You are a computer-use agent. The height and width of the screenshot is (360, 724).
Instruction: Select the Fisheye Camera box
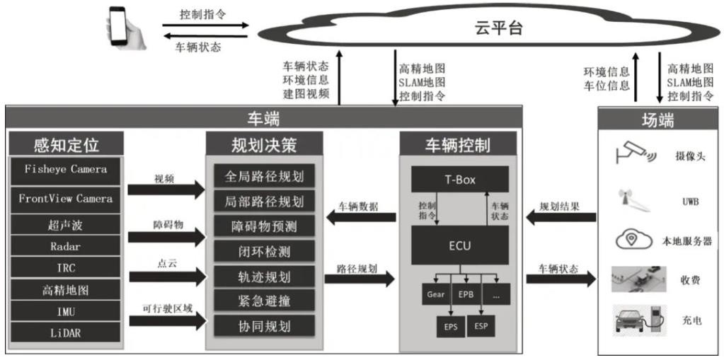(x=66, y=170)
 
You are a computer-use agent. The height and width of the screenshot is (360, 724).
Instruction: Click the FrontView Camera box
(x=66, y=199)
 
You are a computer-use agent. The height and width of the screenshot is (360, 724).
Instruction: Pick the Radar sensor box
(x=66, y=246)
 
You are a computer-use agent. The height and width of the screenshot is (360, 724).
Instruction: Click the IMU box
(x=66, y=313)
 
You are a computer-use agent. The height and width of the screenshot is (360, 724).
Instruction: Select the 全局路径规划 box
(x=264, y=176)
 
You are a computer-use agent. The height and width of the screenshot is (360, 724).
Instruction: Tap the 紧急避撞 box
(x=264, y=301)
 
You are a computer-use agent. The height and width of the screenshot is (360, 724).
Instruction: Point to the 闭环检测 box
(x=264, y=252)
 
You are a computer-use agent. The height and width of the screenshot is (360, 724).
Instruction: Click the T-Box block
(x=459, y=180)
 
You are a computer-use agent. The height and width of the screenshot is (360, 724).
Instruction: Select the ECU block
(x=459, y=245)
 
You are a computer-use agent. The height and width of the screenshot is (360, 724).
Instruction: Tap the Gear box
(x=435, y=294)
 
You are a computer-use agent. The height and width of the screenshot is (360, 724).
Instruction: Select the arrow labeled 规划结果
(x=561, y=216)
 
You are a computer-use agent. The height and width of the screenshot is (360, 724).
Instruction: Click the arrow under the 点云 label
(x=167, y=277)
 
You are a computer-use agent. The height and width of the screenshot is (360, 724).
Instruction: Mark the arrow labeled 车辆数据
(x=361, y=216)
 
